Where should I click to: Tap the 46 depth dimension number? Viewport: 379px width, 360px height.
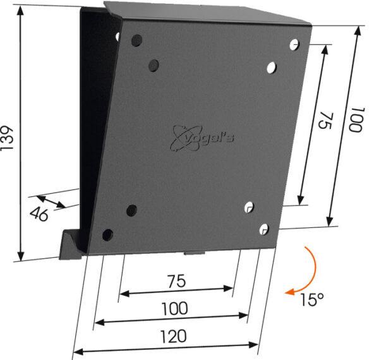[x=39, y=214]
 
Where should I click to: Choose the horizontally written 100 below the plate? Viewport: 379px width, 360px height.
[x=174, y=309]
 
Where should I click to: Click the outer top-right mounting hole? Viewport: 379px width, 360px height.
[x=294, y=44]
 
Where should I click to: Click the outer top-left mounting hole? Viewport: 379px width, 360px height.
[x=136, y=40]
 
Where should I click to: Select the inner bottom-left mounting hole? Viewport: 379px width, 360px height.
[x=131, y=210]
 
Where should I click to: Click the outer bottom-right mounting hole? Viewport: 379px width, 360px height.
[x=265, y=227]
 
